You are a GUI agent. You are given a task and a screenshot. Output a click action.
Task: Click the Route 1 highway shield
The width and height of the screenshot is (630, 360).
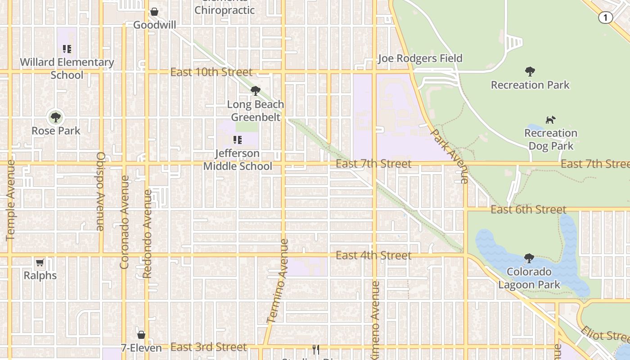(x=605, y=18)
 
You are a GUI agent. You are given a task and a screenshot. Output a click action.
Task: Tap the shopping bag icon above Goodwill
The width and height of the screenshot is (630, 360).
(x=154, y=12)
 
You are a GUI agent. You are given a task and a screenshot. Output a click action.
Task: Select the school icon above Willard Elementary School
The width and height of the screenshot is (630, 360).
(x=67, y=49)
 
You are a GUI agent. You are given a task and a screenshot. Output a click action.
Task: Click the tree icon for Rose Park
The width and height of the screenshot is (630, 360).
(x=56, y=118)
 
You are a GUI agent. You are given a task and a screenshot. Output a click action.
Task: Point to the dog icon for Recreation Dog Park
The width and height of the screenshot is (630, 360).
(x=550, y=120)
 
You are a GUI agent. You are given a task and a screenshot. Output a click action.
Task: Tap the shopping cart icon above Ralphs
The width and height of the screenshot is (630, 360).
(x=40, y=262)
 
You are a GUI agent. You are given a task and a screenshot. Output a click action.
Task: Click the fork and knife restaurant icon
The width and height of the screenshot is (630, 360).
(x=316, y=350)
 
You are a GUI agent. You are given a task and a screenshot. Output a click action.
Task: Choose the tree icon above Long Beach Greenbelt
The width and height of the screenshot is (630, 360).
(x=256, y=91)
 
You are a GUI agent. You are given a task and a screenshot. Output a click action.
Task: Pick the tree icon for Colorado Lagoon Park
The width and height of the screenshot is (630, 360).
(x=529, y=259)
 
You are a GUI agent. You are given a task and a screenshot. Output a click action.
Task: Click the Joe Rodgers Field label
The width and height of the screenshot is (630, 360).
(x=420, y=58)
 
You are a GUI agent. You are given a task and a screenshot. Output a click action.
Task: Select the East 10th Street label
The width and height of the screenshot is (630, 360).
(x=211, y=72)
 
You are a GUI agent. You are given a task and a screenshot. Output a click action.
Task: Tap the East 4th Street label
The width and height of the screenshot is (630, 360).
(x=373, y=256)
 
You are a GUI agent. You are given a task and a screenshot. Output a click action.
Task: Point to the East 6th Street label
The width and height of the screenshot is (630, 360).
(x=528, y=210)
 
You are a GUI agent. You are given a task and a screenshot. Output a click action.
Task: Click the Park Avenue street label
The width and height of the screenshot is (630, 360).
(x=450, y=156)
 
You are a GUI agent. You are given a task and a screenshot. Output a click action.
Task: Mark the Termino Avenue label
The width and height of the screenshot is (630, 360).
(x=278, y=281)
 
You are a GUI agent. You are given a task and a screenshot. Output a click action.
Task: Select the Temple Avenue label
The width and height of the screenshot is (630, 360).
(x=11, y=200)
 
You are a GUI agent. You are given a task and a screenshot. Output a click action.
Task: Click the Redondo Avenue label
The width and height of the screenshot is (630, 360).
(x=147, y=234)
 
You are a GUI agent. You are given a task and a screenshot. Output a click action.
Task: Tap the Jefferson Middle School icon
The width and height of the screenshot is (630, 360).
(x=237, y=140)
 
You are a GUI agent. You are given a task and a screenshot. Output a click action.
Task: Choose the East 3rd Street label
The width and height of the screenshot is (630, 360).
(x=209, y=347)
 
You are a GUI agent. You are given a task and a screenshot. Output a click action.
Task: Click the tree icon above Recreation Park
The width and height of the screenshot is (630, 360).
(x=530, y=72)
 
